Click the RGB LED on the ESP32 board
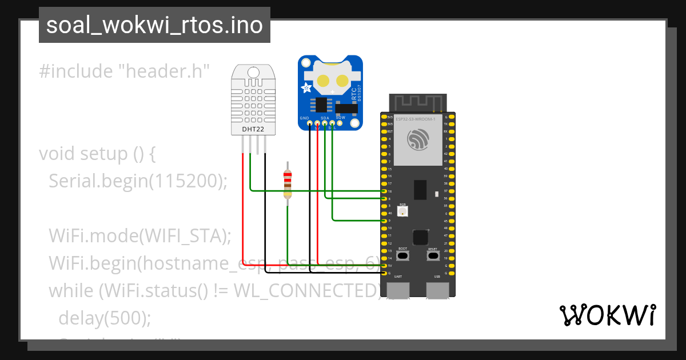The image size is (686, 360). click(x=403, y=211)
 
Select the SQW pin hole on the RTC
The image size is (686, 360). click(x=340, y=123)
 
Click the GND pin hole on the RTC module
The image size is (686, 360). click(x=309, y=123)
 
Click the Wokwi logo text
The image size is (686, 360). click(x=607, y=315)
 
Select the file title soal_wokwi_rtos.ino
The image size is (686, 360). click(x=154, y=25)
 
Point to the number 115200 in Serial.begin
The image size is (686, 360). click(x=185, y=181)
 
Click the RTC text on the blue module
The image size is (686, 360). click(x=354, y=94)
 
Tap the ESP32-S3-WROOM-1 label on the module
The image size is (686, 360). click(x=419, y=119)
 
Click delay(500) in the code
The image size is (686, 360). click(x=105, y=318)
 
